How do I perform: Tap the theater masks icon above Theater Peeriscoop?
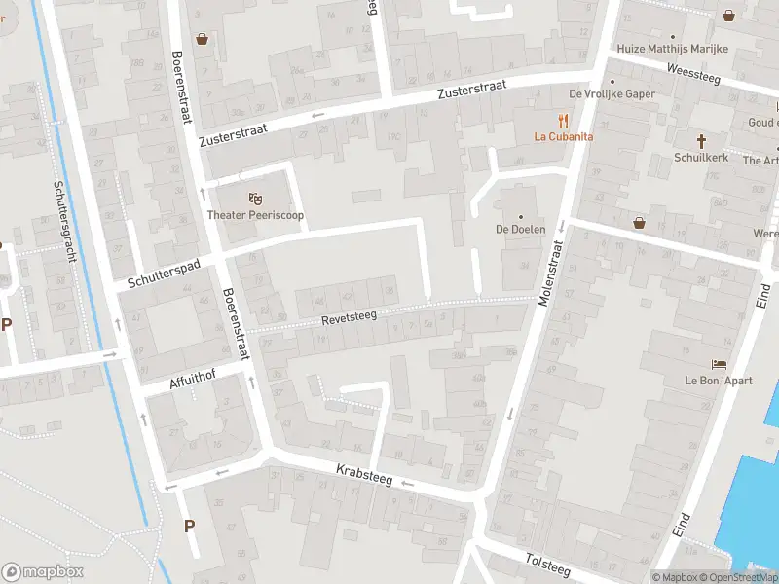click(255, 199)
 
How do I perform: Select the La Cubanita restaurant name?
click(563, 137)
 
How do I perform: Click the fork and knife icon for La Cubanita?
click(563, 121)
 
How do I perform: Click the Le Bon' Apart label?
click(719, 381)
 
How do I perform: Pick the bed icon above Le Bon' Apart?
click(719, 364)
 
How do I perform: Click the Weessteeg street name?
click(693, 72)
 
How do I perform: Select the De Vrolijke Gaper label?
click(612, 94)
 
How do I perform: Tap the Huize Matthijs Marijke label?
click(673, 49)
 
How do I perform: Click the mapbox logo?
click(43, 572)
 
